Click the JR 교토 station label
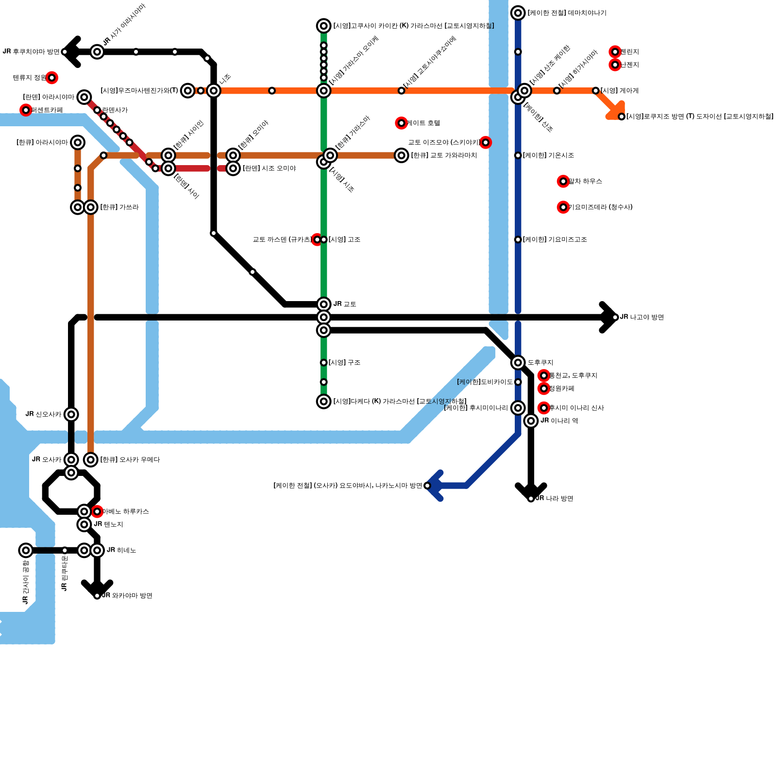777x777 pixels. [345, 304]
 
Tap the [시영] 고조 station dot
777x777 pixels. [324, 239]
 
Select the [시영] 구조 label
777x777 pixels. [344, 363]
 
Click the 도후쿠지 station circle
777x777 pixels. [518, 362]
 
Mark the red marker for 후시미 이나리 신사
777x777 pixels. [544, 408]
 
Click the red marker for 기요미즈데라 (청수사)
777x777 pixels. [563, 207]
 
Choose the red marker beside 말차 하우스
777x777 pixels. [563, 181]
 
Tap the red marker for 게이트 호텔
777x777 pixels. [401, 123]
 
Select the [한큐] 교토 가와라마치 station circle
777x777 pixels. [401, 155]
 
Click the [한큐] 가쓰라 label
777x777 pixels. [119, 207]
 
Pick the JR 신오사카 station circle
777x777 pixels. [71, 414]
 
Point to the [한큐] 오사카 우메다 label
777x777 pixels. [130, 460]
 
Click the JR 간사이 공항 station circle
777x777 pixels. [26, 550]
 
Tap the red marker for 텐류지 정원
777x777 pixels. [52, 78]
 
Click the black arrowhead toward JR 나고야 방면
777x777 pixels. [609, 317]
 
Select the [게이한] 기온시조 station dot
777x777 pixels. [518, 155]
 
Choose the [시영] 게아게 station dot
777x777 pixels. [596, 91]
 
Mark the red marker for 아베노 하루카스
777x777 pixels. [97, 511]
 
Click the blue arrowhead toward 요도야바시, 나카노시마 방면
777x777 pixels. [435, 486]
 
